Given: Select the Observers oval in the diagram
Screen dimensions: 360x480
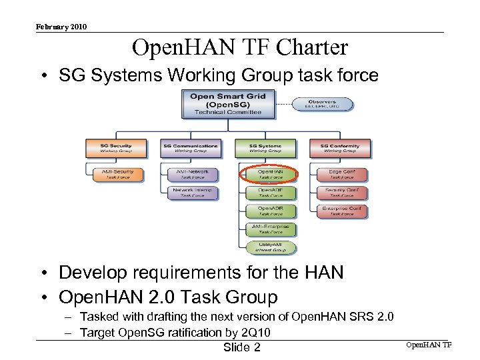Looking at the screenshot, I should (x=323, y=105).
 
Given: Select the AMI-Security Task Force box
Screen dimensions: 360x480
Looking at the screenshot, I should (x=117, y=174).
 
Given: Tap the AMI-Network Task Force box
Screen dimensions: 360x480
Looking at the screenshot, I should (x=193, y=174).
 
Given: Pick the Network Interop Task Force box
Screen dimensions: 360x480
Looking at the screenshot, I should (x=193, y=193).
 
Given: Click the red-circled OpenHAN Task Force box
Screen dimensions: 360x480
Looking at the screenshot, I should (x=270, y=174).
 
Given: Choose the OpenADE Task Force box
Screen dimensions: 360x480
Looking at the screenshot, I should (x=270, y=193).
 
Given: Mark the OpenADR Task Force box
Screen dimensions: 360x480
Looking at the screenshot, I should (x=270, y=211).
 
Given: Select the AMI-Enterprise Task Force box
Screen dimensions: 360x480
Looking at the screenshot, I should (x=270, y=229).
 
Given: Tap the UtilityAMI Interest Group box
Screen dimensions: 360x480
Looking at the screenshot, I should (x=270, y=248).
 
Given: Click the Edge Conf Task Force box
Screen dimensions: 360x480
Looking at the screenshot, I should (x=342, y=174).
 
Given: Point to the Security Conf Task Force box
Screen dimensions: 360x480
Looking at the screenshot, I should (x=342, y=193).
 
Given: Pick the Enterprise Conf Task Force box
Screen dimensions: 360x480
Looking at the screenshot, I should (x=342, y=211).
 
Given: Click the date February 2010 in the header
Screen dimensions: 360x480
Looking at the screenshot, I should (x=61, y=27).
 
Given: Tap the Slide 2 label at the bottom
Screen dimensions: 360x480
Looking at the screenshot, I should (x=241, y=348).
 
